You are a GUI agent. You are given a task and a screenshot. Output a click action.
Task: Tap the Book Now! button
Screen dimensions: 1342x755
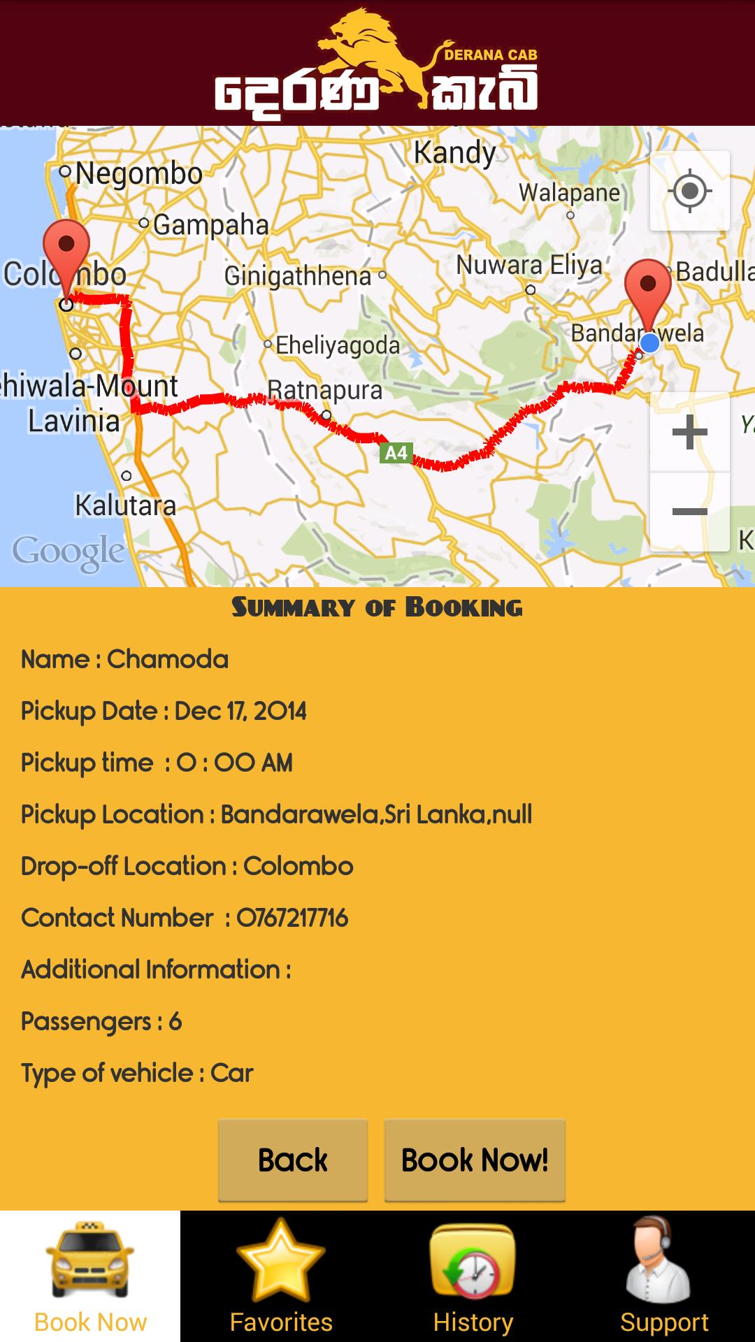475,1160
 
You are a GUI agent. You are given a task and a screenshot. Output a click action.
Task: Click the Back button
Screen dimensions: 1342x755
293,1160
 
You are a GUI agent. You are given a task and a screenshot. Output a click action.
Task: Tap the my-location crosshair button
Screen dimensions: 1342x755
690,191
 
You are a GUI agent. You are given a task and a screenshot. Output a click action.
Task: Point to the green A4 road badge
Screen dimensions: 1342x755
396,453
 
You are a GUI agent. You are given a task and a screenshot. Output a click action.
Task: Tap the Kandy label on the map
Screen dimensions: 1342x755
454,152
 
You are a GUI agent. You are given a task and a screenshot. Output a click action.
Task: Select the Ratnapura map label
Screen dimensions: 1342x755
325,390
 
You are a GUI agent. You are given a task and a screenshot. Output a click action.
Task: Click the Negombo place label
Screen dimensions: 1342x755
138,173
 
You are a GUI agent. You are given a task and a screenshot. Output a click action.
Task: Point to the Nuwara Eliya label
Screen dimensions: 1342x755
529,266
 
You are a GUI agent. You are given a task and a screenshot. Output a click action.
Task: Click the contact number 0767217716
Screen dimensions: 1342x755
292,918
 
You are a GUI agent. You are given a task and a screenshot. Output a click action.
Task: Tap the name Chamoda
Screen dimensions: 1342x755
168,659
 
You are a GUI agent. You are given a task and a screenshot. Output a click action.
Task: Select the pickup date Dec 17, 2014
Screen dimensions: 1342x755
240,711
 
